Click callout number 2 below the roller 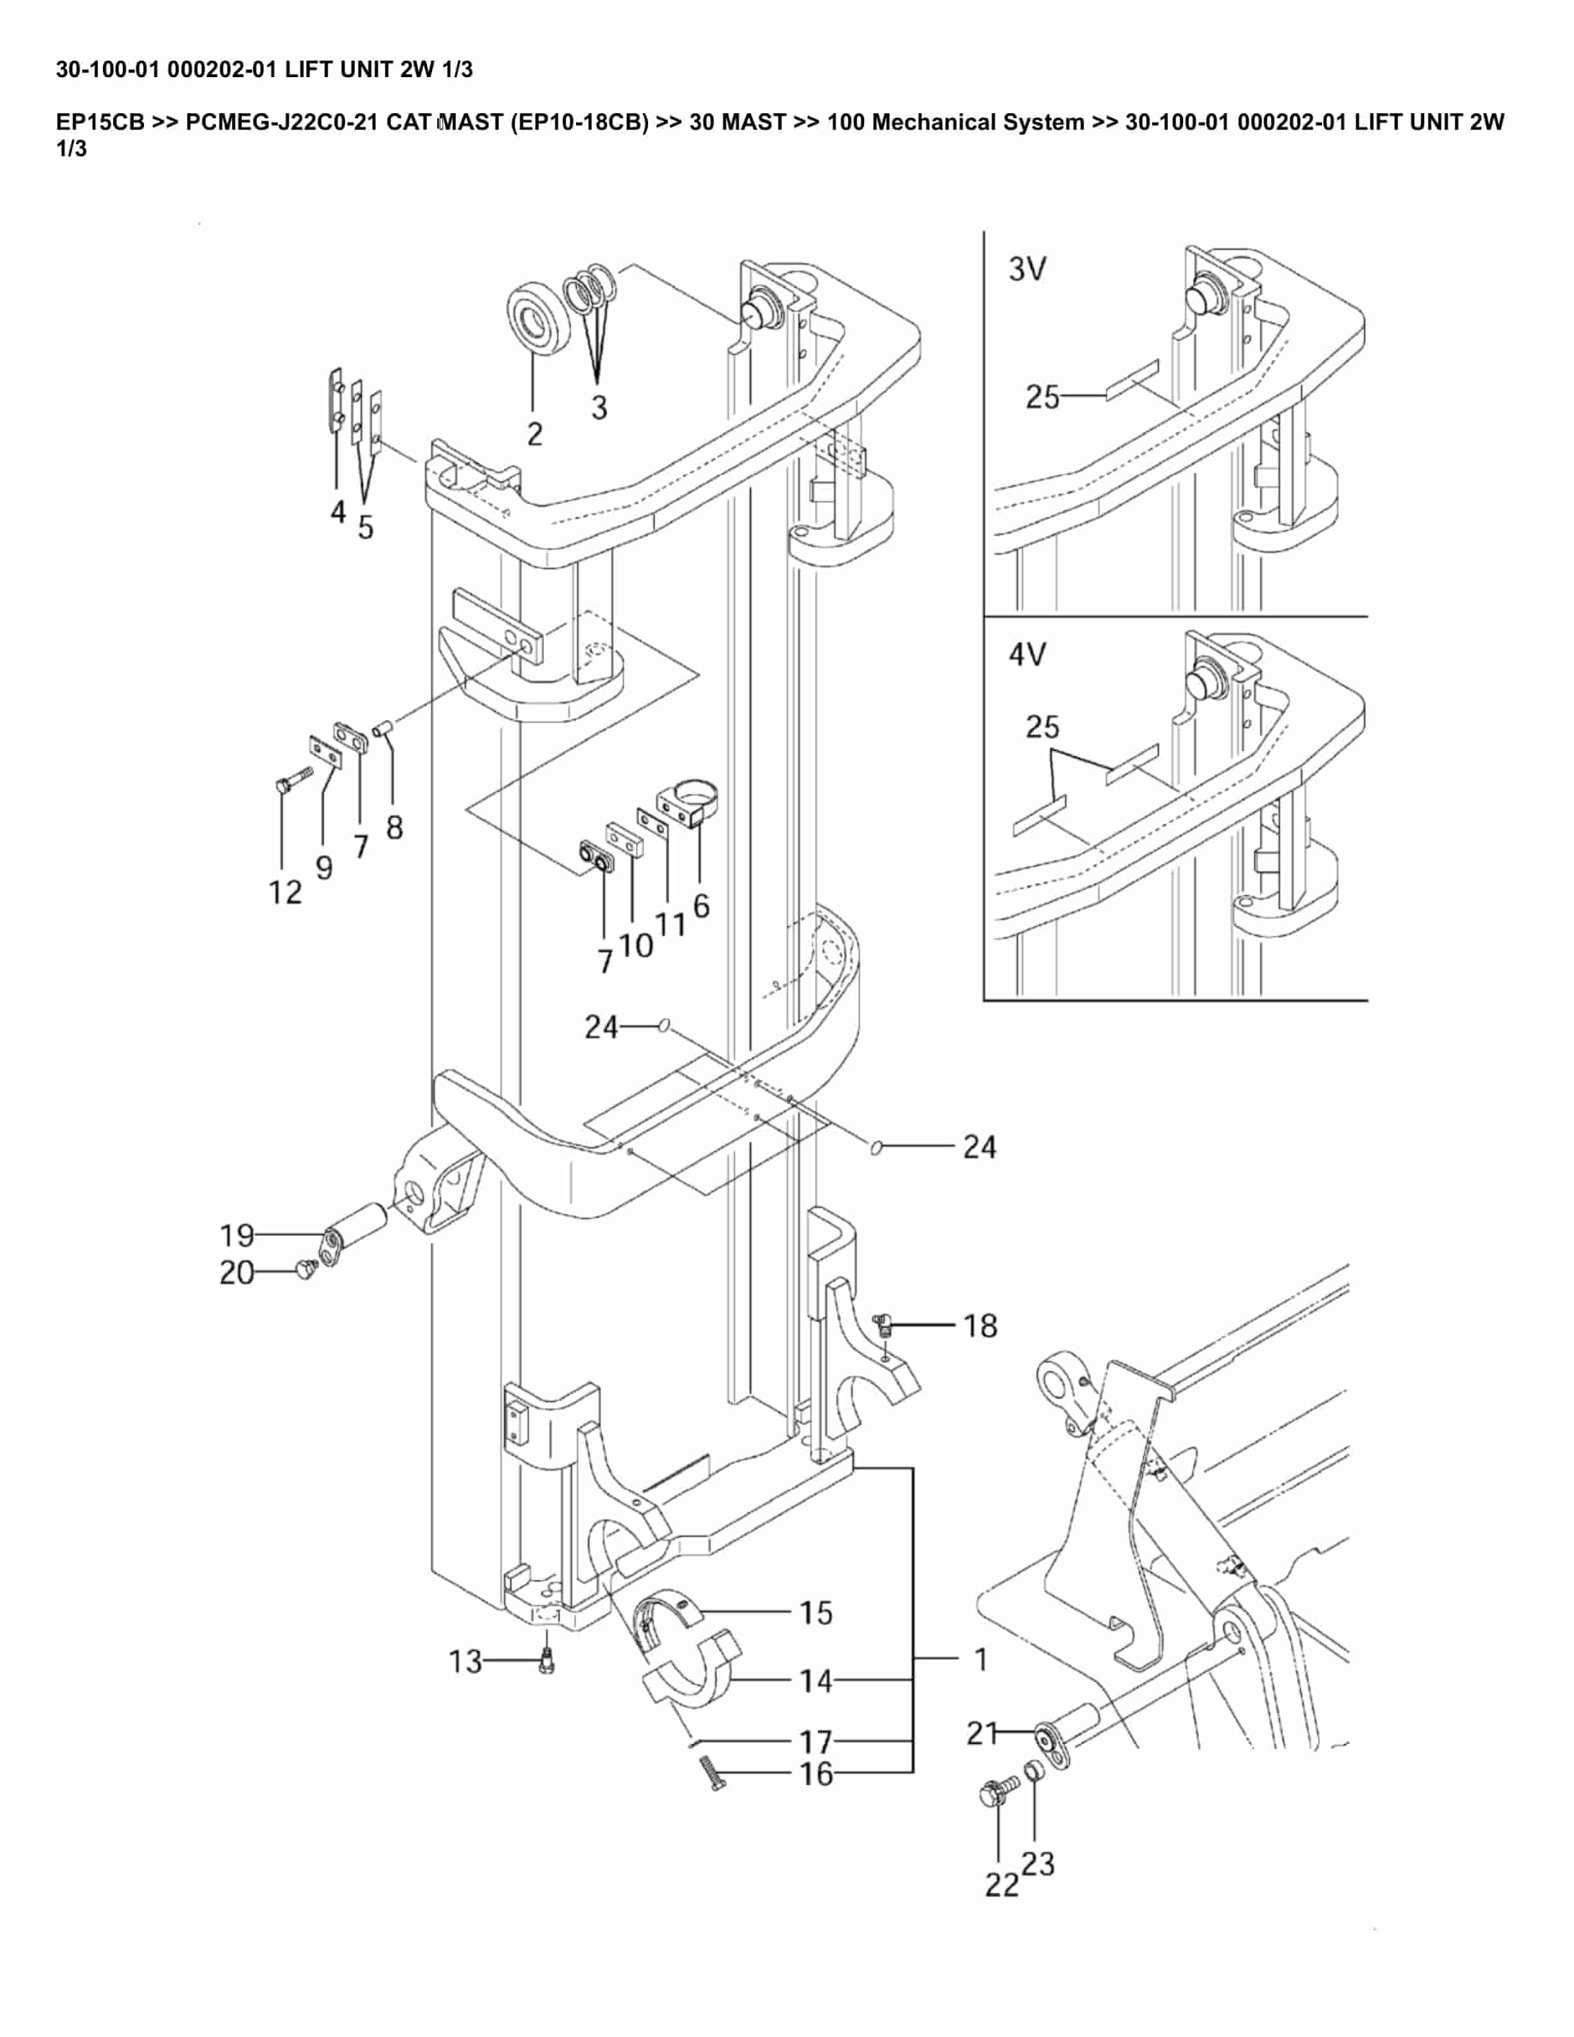coord(534,434)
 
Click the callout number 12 coord(285,892)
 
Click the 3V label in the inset coord(1027,269)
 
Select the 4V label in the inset coord(1027,655)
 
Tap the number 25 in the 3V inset coord(1042,397)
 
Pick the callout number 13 coord(466,1661)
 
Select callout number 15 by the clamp coord(816,1613)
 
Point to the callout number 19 coord(237,1236)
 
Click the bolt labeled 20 coord(305,1269)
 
